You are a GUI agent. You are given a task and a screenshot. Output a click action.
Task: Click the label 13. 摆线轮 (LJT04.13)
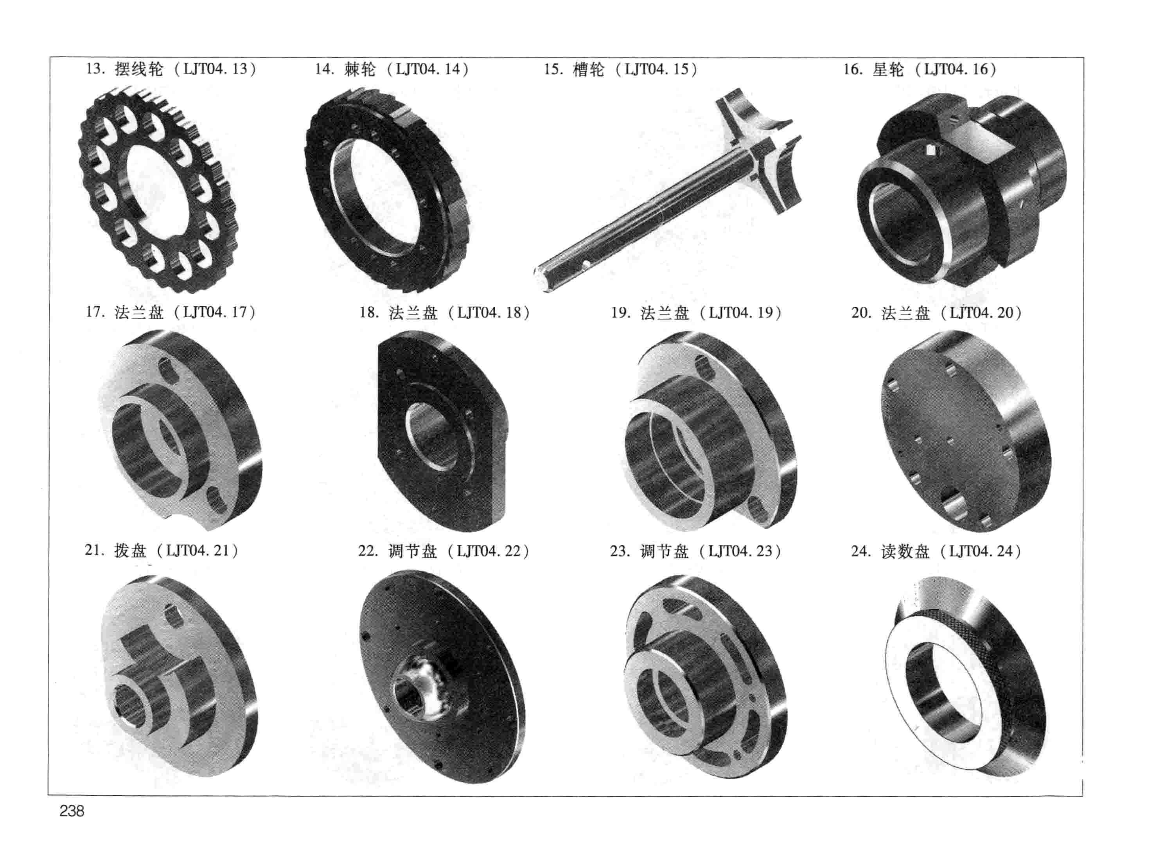pos(171,69)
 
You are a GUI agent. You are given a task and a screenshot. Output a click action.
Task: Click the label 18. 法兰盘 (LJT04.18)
pos(444,313)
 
